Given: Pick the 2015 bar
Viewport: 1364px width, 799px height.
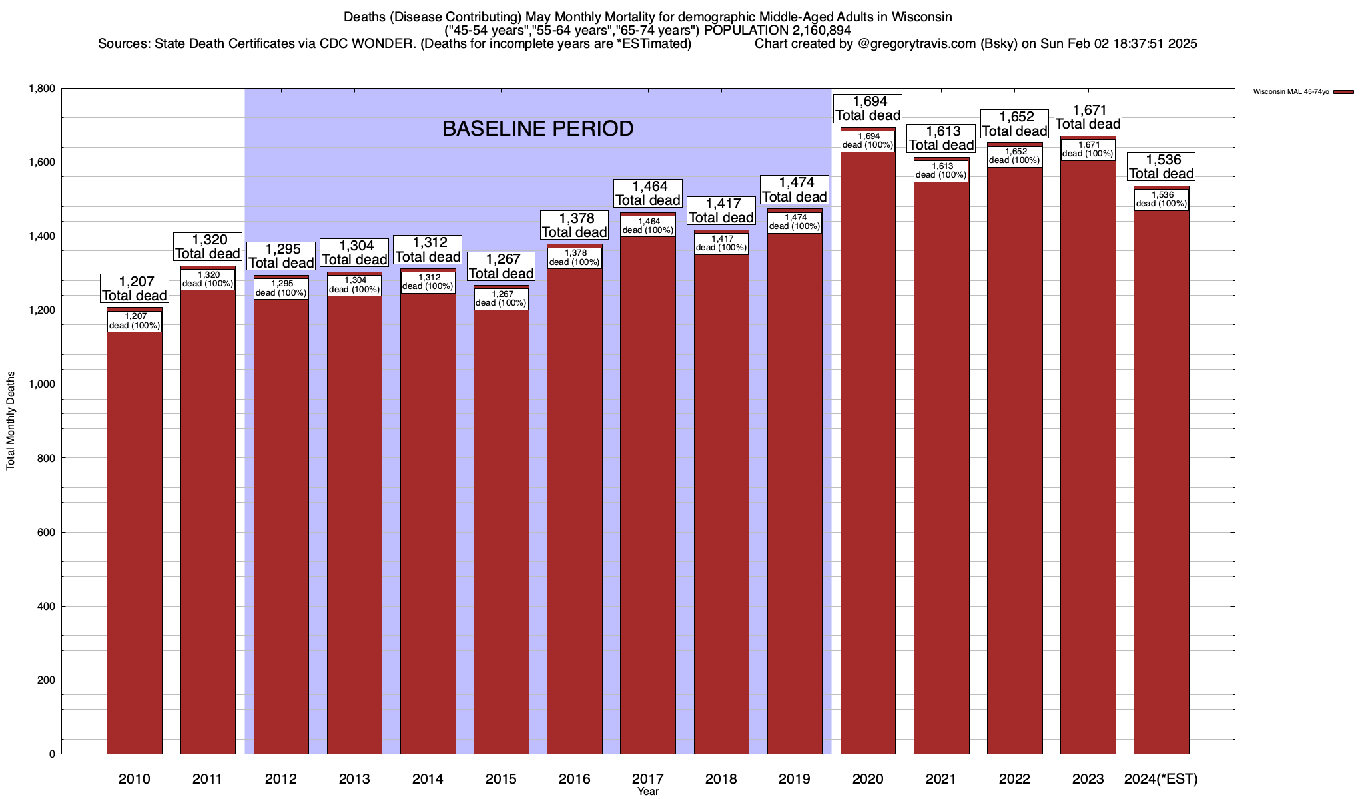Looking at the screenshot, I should tap(502, 533).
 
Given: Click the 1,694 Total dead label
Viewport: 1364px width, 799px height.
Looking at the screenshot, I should tap(868, 108).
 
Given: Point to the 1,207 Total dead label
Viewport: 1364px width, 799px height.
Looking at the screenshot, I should tap(135, 288).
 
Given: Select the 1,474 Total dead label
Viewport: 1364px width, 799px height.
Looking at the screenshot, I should tap(795, 190).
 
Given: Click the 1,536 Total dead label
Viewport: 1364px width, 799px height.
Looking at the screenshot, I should tap(1161, 166).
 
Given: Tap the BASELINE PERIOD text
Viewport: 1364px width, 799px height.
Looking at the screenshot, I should tap(537, 129).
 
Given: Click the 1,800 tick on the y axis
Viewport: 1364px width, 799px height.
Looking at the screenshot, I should tap(41, 89).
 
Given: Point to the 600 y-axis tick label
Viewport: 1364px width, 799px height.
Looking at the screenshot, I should tap(47, 533).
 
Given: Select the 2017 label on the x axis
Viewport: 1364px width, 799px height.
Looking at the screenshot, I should tap(647, 778).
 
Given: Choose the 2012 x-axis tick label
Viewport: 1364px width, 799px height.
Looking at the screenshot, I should tap(280, 778).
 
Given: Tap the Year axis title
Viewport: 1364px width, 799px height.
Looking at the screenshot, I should tap(647, 792).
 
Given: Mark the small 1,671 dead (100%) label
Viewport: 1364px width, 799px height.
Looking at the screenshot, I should tap(1088, 149).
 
